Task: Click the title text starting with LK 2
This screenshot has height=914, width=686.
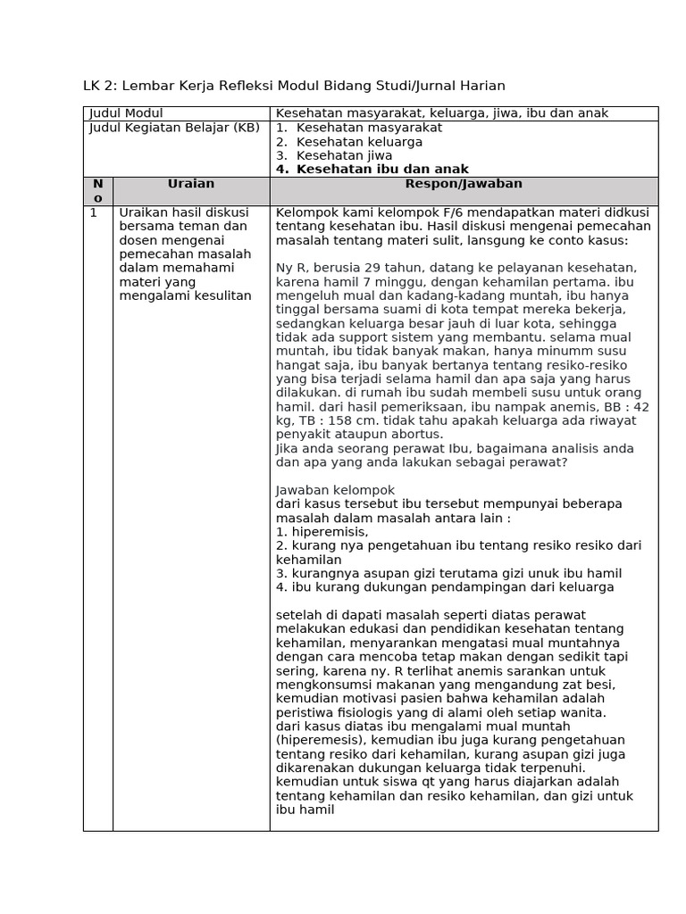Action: [294, 86]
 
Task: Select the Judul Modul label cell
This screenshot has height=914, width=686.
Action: [126, 113]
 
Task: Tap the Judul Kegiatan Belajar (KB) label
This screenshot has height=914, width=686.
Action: [174, 128]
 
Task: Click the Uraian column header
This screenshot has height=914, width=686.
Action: [191, 184]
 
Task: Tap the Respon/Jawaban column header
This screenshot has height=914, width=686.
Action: [464, 184]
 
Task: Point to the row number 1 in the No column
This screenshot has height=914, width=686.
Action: [94, 213]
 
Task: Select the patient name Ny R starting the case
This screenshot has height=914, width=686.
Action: [289, 268]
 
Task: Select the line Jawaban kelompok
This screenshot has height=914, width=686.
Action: [335, 490]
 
